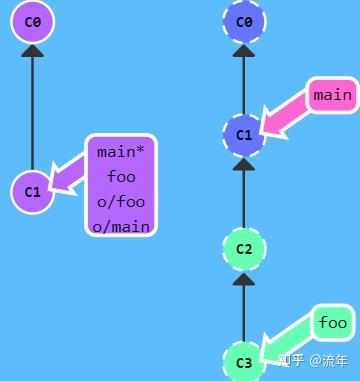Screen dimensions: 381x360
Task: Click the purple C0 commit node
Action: (33, 22)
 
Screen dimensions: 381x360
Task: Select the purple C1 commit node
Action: (32, 191)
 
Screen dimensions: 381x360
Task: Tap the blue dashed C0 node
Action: (244, 20)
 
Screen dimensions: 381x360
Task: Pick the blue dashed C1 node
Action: (244, 133)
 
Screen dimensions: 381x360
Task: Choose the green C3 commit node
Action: (244, 361)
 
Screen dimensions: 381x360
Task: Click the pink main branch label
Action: (332, 96)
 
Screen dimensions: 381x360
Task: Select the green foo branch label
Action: (332, 323)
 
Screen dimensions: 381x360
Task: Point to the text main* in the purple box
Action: (122, 153)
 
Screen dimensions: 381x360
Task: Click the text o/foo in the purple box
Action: (122, 201)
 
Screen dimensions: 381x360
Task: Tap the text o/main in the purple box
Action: (122, 226)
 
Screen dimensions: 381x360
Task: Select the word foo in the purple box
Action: (122, 177)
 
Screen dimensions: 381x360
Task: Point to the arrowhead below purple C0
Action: (33, 53)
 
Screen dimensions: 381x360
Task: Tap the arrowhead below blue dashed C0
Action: (244, 52)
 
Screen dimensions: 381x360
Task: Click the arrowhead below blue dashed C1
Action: (244, 165)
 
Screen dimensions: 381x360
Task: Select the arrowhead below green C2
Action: (244, 281)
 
